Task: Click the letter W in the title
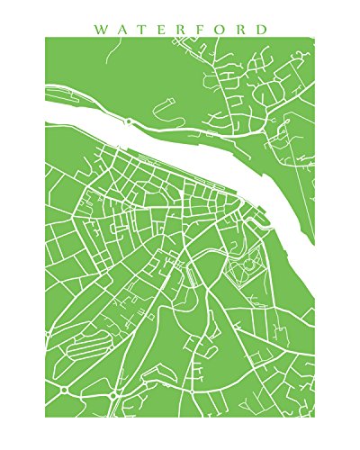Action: [99, 29]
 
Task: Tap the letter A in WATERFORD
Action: [121, 29]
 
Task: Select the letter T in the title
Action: [141, 29]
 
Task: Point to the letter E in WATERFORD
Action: [162, 29]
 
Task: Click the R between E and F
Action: [183, 29]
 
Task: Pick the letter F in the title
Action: [202, 29]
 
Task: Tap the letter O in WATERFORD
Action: [221, 29]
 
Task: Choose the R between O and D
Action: [242, 29]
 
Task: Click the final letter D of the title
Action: [262, 29]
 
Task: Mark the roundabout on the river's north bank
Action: [129, 120]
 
